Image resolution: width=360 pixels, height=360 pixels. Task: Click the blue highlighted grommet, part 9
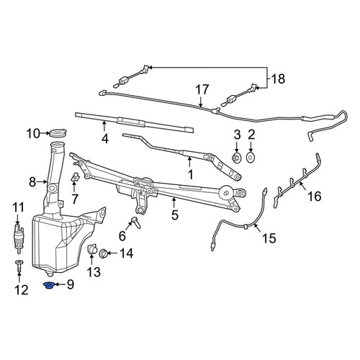pyautogui.click(x=50, y=286)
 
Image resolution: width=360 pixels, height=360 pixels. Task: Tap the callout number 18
pyautogui.click(x=278, y=78)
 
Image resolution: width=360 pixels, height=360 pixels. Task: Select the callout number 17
pyautogui.click(x=202, y=90)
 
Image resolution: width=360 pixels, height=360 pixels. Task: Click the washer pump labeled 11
pyautogui.click(x=17, y=238)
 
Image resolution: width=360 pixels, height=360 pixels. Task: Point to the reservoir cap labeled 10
pyautogui.click(x=58, y=133)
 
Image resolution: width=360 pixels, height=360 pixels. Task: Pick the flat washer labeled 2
pyautogui.click(x=251, y=158)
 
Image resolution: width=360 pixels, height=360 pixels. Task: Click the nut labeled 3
pyautogui.click(x=237, y=158)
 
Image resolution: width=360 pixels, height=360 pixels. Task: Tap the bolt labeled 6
pyautogui.click(x=136, y=222)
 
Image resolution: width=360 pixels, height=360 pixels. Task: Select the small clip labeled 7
pyautogui.click(x=76, y=178)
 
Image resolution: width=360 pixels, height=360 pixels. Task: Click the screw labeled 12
pyautogui.click(x=19, y=265)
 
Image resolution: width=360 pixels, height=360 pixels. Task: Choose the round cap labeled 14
pyautogui.click(x=104, y=253)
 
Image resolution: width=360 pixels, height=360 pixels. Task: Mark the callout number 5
pyautogui.click(x=175, y=215)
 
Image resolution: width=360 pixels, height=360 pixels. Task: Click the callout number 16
pyautogui.click(x=315, y=197)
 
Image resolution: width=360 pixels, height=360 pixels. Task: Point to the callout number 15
pyautogui.click(x=269, y=238)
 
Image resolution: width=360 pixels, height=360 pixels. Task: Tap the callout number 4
pyautogui.click(x=105, y=139)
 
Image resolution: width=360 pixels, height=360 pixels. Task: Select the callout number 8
pyautogui.click(x=32, y=182)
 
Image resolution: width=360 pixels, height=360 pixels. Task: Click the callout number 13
pyautogui.click(x=94, y=272)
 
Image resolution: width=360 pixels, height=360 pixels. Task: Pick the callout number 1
pyautogui.click(x=190, y=174)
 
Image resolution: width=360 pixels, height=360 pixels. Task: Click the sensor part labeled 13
pyautogui.click(x=91, y=249)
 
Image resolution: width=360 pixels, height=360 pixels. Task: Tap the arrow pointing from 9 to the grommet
pyautogui.click(x=60, y=284)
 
